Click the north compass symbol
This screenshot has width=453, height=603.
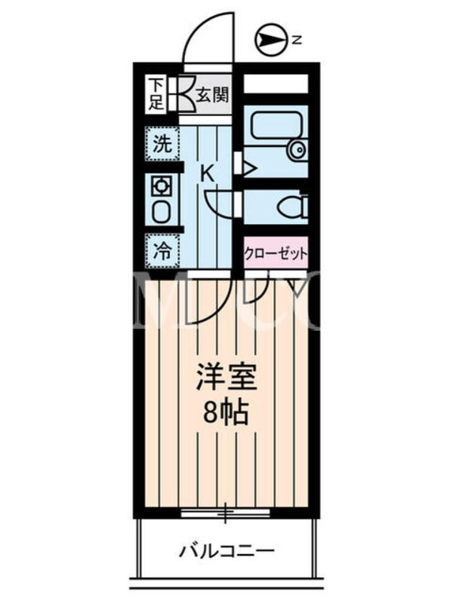[x=271, y=40]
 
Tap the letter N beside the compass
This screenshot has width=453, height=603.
[x=297, y=40]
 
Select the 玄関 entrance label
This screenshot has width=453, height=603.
[x=213, y=95]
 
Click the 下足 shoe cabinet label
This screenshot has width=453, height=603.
[x=156, y=94]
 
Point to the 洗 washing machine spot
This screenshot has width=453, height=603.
[x=162, y=143]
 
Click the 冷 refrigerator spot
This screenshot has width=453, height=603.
[x=162, y=252]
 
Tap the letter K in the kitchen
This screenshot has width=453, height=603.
[x=208, y=174]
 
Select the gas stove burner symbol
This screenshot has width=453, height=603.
[x=162, y=187]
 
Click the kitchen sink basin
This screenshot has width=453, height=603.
[x=162, y=211]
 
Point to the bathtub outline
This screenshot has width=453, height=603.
[x=276, y=124]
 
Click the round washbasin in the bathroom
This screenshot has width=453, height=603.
[x=297, y=149]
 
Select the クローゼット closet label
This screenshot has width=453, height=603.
[x=276, y=254]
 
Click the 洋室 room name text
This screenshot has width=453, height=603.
[x=226, y=376]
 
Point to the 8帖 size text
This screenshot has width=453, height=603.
[x=225, y=412]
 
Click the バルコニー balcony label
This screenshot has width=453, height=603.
[x=226, y=552]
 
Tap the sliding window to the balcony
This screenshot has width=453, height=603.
[x=225, y=512]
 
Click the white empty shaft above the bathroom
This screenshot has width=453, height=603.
[x=276, y=84]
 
